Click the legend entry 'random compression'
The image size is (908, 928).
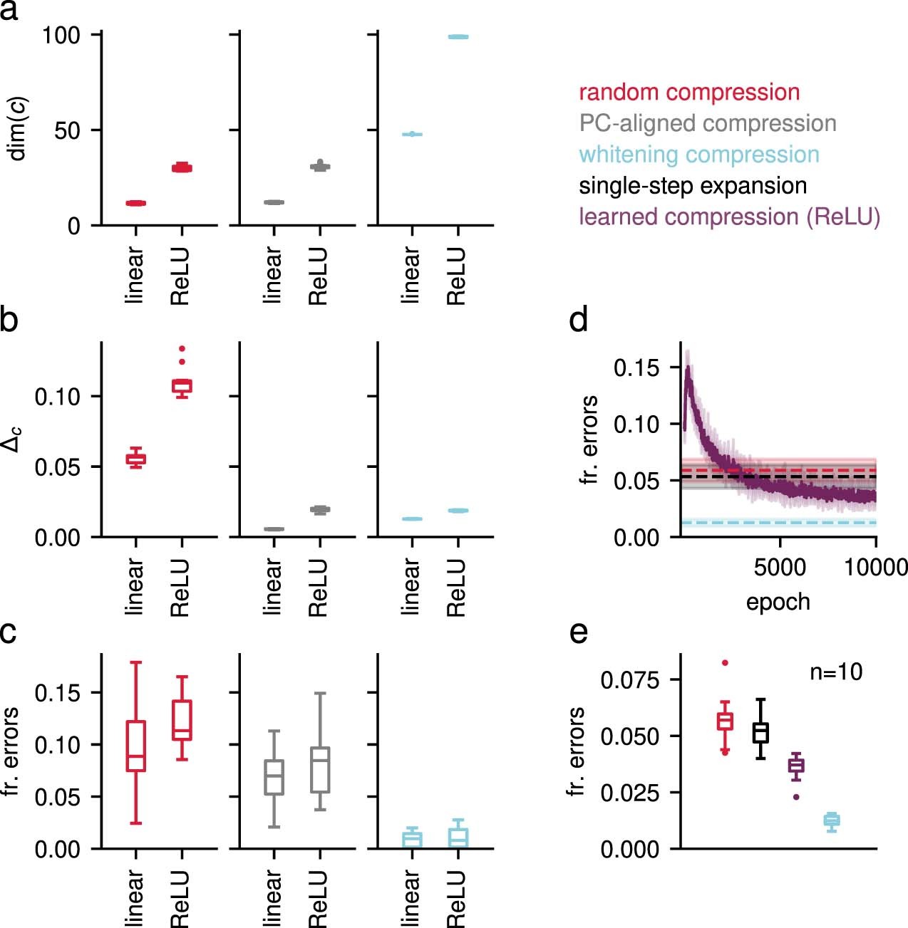click(689, 93)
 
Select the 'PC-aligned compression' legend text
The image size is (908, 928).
click(708, 123)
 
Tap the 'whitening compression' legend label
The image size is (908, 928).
click(699, 155)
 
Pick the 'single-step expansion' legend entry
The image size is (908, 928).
click(693, 186)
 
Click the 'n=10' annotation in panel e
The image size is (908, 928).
click(836, 672)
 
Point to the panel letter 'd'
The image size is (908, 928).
click(579, 320)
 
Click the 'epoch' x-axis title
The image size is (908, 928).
click(778, 602)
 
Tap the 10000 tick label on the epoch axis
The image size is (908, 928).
click(876, 568)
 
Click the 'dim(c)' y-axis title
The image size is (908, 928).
click(17, 129)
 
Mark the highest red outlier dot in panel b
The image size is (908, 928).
click(182, 349)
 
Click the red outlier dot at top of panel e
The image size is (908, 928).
click(726, 663)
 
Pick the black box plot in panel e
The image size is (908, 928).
click(760, 732)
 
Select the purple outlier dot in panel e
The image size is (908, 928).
click(796, 797)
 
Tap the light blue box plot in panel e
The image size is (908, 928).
click(831, 820)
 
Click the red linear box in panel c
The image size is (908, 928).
click(136, 746)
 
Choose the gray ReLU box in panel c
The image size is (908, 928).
click(320, 770)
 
